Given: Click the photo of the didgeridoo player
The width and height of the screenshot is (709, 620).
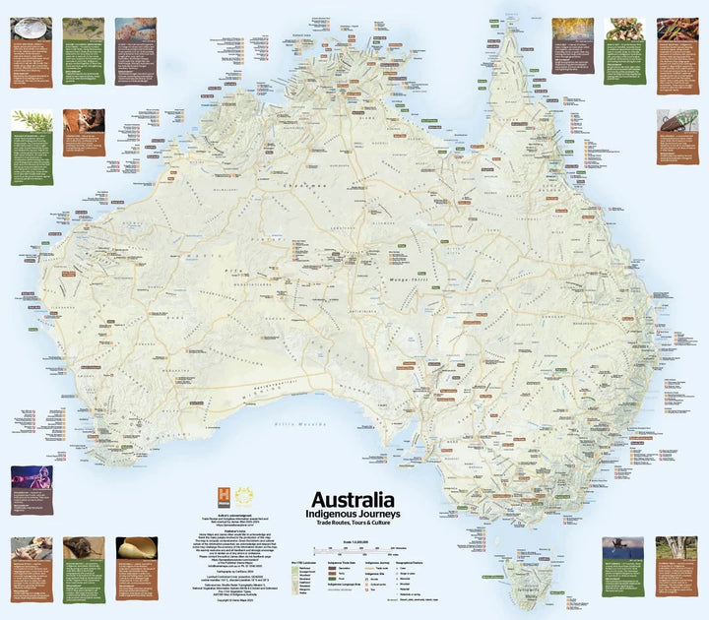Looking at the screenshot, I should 31,477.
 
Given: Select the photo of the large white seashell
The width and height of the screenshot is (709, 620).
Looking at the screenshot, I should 136,547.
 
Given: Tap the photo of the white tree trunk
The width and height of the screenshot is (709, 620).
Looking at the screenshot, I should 676,548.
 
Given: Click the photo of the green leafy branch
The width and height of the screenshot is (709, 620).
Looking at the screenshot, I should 31,120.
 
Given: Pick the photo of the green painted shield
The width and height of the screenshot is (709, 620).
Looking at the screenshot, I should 82,28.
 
